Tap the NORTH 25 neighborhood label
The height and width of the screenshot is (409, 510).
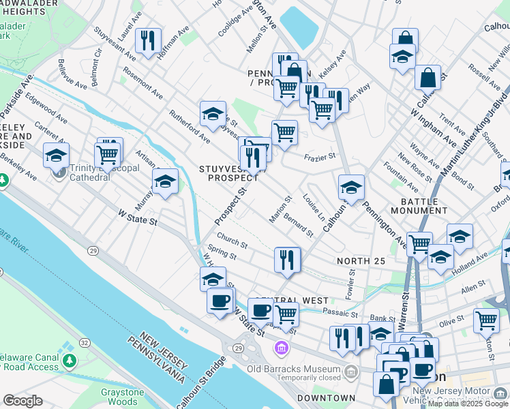tap(361, 261)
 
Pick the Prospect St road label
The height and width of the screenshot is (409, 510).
tap(229, 202)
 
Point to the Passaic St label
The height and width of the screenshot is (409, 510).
tap(340, 314)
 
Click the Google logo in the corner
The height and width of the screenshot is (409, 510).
tap(23, 401)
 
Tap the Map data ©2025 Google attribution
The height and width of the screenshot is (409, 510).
tap(468, 404)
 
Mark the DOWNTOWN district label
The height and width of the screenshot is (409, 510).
tap(326, 398)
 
